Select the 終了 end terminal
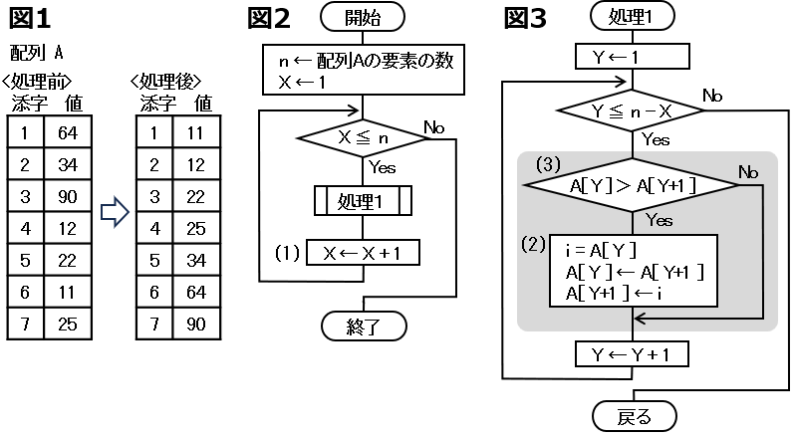pyautogui.click(x=363, y=325)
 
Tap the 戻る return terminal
pyautogui.click(x=634, y=414)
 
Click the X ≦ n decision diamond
pyautogui.click(x=363, y=140)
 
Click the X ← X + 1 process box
pyautogui.click(x=363, y=253)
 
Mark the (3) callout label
pyautogui.click(x=549, y=161)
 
